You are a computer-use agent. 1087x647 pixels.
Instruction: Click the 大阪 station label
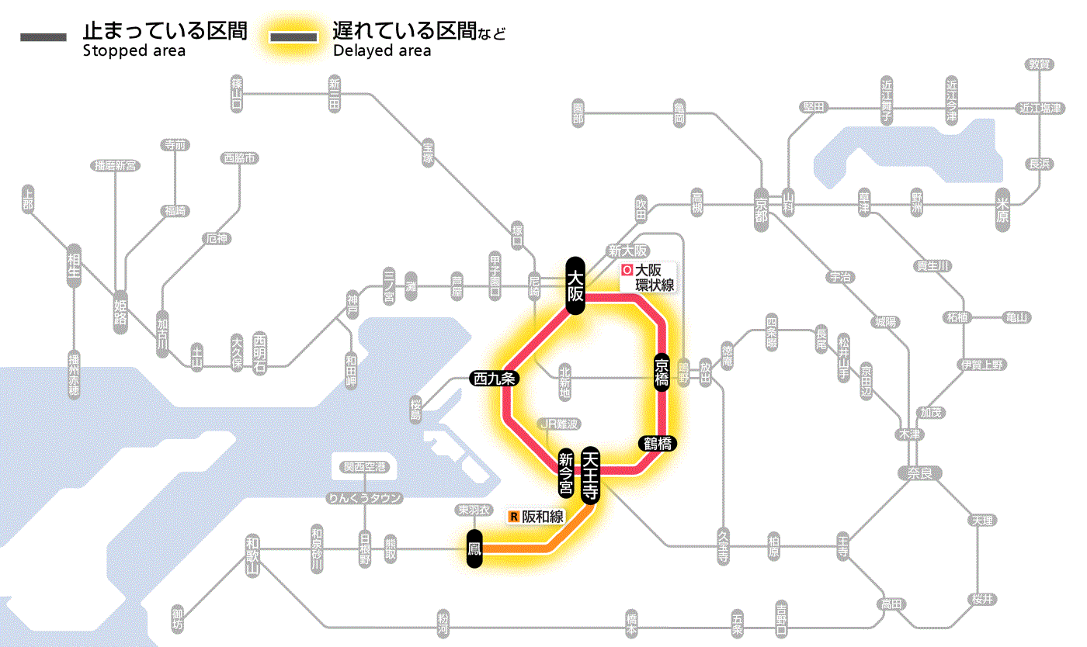575,285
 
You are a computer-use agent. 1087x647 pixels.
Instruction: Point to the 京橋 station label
662,373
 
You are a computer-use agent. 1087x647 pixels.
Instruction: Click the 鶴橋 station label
658,444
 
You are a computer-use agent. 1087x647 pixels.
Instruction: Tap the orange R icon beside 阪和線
513,517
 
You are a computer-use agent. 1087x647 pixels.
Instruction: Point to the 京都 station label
762,207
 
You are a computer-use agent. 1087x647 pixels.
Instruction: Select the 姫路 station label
120,307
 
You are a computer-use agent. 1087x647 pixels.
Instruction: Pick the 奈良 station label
919,472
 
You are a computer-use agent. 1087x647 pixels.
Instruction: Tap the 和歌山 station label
252,554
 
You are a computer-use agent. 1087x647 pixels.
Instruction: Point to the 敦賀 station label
1038,64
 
